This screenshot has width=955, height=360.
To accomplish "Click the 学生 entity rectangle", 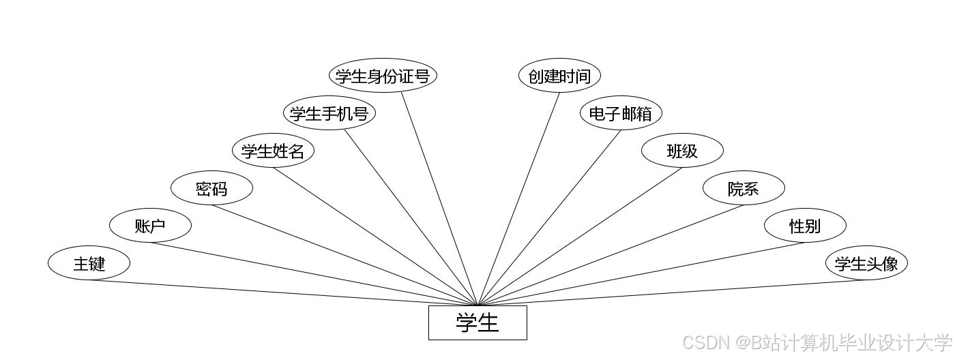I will coord(477,322).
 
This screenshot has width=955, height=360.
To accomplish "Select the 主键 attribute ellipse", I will coord(89,263).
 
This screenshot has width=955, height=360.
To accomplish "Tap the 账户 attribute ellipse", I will coord(150,226).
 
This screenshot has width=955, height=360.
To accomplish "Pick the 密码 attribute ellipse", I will coord(211,188).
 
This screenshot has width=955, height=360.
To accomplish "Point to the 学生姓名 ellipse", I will coord(273,151).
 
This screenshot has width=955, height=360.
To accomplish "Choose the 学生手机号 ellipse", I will coord(329,113).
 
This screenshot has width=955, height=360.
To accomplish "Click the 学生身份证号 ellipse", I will coord(383,76).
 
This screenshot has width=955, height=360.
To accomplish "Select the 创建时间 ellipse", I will coord(559,76).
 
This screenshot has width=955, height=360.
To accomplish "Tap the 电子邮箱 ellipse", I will coord(621,113).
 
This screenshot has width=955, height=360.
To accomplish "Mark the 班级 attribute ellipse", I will coord(682,151).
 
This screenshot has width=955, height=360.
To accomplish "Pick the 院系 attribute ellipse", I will coord(744,188).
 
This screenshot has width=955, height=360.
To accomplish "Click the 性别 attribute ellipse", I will coord(805,226).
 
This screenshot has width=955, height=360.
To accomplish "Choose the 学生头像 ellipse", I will coord(866,263).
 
